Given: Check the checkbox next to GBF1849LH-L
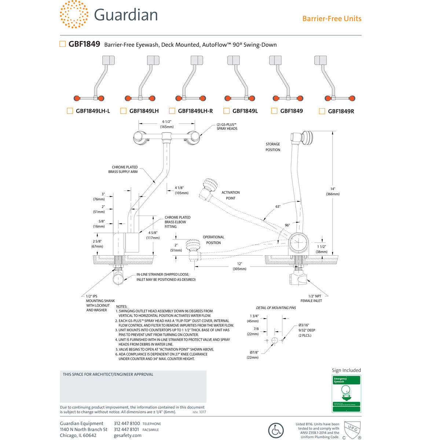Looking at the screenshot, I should coord(70,111).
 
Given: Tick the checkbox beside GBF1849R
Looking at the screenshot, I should coord(322,111).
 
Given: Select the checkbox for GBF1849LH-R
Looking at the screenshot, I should coord(172,111).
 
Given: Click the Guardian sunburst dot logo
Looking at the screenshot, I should coord(74,14).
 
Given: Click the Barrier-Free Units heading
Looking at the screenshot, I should coord(331,19).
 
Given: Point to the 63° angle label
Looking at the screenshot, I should coord(278,207).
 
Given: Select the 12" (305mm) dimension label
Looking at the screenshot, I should coord(239,266).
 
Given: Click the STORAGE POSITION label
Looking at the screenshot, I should coord(273,147).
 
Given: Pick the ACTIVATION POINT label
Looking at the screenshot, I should coord(231,195).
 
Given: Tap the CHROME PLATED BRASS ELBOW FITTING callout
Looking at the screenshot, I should coord(177,222).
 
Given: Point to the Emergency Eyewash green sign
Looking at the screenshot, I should coord(346,393).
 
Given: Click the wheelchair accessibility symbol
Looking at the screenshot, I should coord(276,430).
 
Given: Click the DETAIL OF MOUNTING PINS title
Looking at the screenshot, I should coord(276,308).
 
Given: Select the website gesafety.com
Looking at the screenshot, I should coord(127,436).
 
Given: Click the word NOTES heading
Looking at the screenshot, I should coord(121,307).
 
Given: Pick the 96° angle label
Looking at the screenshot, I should coord(287,225).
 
